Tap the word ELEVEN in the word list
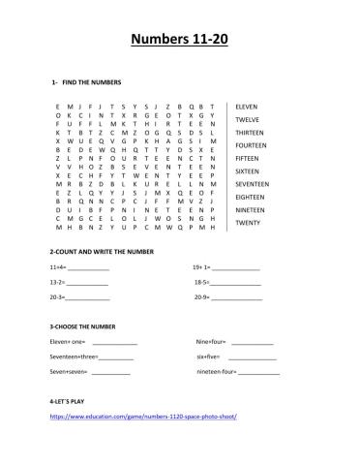[x=248, y=107]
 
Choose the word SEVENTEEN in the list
[x=255, y=184]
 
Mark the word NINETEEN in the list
[x=253, y=209]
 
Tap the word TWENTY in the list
[x=249, y=223]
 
